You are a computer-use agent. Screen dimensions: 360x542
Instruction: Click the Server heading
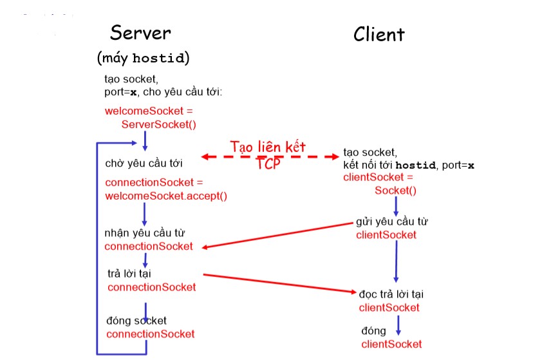tap(140, 33)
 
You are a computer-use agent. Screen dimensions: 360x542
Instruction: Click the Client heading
tap(378, 34)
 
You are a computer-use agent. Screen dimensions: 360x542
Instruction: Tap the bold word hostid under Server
tap(159, 59)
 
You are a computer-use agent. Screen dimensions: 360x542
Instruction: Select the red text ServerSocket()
tap(158, 124)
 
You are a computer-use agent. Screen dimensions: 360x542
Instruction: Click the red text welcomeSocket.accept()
tap(166, 196)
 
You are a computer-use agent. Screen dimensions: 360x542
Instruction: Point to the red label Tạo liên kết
tap(268, 146)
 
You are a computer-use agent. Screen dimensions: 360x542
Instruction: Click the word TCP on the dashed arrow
tap(268, 163)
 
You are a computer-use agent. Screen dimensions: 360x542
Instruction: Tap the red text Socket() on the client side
tap(395, 190)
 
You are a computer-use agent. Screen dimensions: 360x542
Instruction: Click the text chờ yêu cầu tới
tap(140, 164)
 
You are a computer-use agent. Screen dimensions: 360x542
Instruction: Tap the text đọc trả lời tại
tap(391, 294)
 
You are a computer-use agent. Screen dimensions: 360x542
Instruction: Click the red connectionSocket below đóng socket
tap(150, 334)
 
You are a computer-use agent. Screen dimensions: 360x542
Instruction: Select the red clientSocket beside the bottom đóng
tap(391, 344)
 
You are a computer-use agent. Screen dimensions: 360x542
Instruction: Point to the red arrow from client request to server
tap(277, 235)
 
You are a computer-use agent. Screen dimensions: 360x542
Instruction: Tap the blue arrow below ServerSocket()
tap(145, 140)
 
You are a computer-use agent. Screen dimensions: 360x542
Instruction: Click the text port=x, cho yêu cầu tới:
tap(164, 91)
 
